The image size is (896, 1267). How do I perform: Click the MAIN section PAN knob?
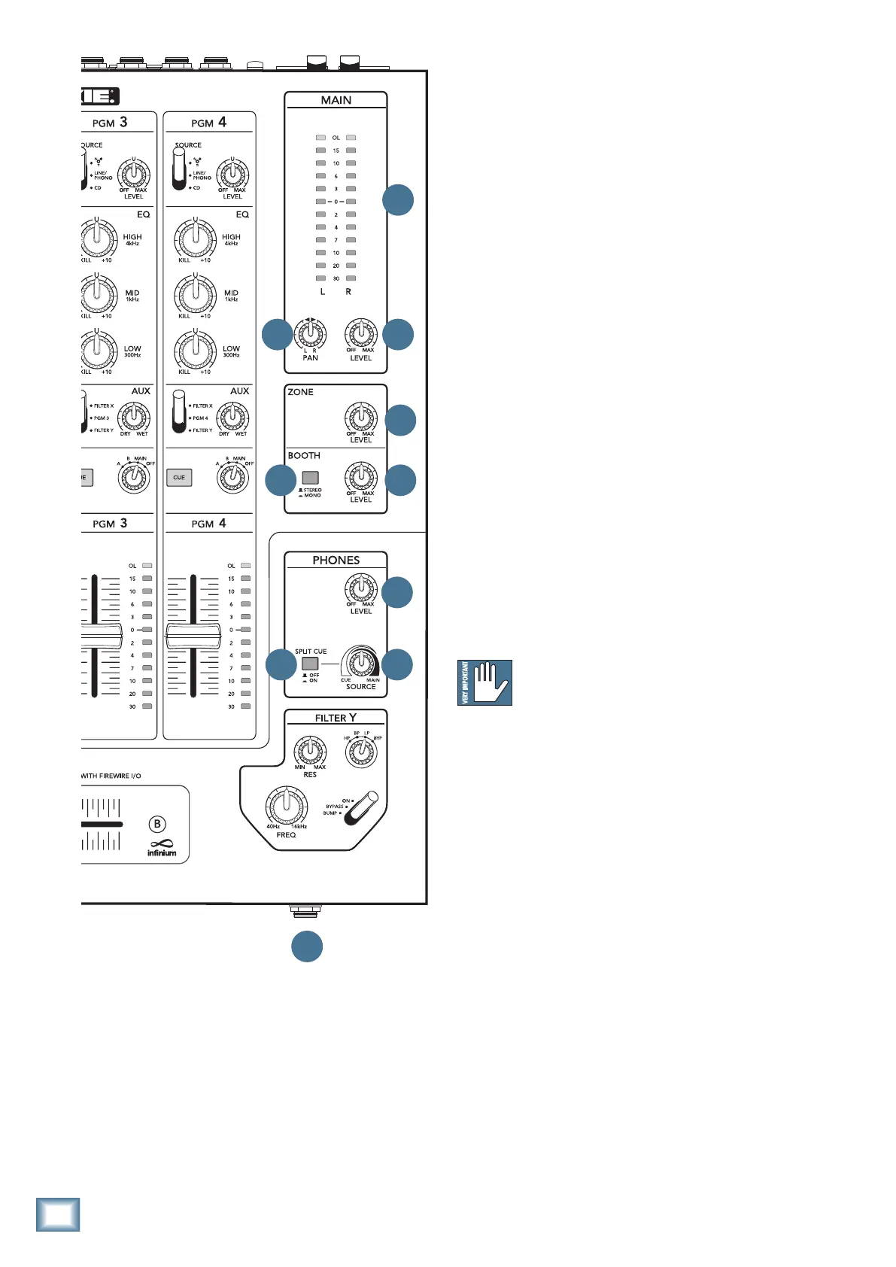310,333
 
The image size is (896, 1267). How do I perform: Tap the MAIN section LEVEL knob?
361,333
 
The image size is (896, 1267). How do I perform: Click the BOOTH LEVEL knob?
361,476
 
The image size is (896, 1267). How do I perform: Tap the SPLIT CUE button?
310,664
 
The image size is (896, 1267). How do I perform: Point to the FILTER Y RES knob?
310,751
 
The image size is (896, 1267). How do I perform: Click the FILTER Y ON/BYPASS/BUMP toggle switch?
360,808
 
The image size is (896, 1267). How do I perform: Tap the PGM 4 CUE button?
179,477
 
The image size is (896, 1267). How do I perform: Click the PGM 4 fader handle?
193,636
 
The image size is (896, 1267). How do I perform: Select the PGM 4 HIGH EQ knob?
196,239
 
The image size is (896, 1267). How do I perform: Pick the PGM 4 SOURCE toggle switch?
178,168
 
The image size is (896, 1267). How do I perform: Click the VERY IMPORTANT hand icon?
485,682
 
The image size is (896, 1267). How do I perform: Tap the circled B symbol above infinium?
157,824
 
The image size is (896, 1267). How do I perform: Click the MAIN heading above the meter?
336,100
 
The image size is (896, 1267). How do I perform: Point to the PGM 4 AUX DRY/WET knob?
233,416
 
